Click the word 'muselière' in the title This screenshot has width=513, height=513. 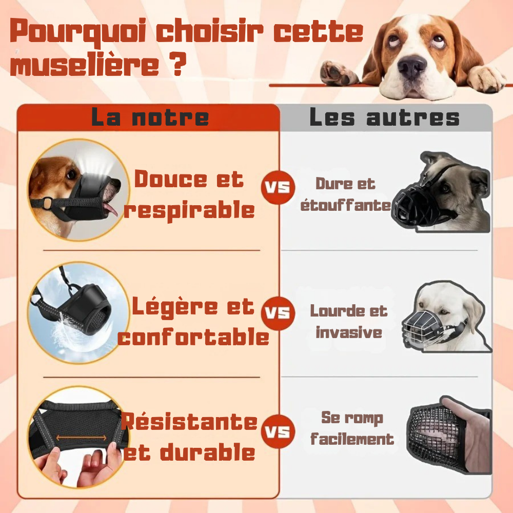click(85, 65)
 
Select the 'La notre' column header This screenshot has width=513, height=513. click(150, 117)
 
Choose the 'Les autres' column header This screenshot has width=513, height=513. click(384, 117)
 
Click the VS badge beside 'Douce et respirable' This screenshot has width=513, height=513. click(278, 187)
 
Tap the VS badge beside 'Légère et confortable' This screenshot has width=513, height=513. click(278, 313)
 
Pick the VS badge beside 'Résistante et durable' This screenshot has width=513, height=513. click(278, 431)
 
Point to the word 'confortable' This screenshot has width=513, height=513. click(193, 337)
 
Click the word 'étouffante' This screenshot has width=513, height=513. click(345, 206)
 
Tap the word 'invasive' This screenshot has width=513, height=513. click(349, 332)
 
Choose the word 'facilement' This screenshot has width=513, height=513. click(352, 439)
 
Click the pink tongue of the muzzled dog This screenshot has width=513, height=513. click(111, 209)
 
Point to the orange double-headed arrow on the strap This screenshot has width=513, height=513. click(82, 438)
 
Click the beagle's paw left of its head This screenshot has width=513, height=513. click(339, 73)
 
